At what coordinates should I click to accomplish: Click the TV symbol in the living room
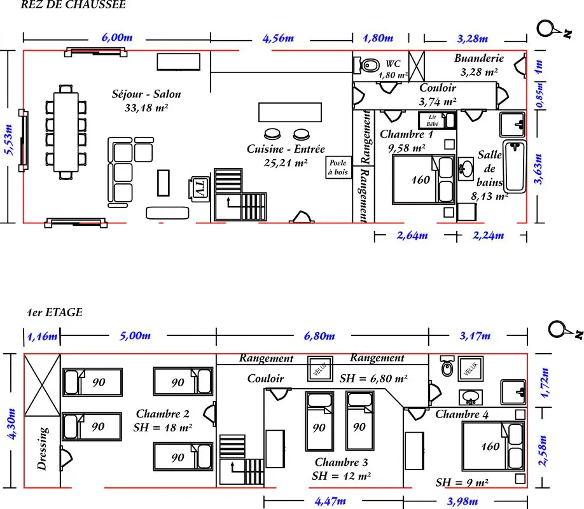[199, 188]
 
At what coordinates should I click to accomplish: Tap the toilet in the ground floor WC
[366, 66]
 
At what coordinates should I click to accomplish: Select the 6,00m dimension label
[117, 38]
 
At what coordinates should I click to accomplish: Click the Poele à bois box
[338, 167]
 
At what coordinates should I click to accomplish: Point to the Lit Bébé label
[432, 120]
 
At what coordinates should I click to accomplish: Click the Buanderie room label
[479, 59]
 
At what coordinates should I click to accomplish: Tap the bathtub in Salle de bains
[515, 166]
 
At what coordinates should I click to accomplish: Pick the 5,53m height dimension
[10, 140]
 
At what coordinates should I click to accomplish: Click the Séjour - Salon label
[146, 94]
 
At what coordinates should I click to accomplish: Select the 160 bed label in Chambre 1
[421, 180]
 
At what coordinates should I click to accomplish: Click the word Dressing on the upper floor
[43, 449]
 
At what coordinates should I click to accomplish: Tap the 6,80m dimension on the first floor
[319, 336]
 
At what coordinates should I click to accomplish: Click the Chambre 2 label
[163, 414]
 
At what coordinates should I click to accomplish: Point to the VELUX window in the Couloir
[320, 368]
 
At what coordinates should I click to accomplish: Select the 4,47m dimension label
[330, 501]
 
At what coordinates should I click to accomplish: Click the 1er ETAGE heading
[55, 312]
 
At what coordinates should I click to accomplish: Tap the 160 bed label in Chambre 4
[490, 447]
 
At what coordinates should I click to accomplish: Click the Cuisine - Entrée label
[286, 149]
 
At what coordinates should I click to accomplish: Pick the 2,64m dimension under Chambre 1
[412, 235]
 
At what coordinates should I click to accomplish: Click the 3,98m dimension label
[462, 501]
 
